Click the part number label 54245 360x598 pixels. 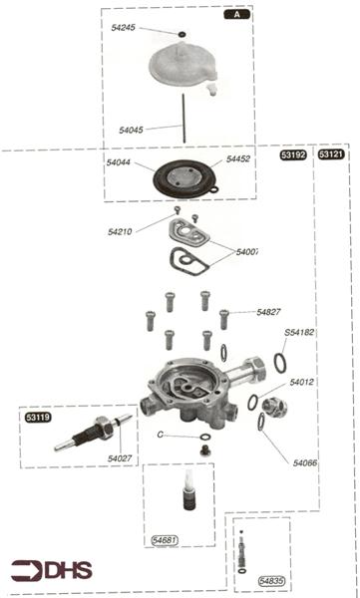coord(124,28)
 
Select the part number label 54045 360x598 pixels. coord(131,130)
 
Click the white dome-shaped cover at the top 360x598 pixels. coord(183,66)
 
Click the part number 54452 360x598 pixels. coord(237,158)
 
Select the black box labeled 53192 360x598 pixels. coord(293,155)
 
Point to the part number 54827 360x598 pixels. coord(270,312)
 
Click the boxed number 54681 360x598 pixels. coord(165,539)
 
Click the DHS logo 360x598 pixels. coord(48,570)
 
